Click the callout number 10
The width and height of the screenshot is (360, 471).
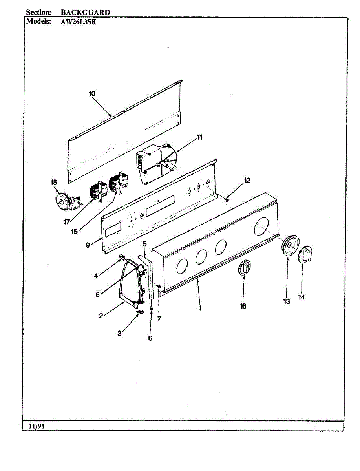point(92,94)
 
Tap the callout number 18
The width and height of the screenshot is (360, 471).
point(54,182)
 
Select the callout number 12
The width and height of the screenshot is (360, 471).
point(247,181)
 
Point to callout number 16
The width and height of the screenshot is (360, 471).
point(243,306)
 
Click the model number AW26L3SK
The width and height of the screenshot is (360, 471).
point(79,22)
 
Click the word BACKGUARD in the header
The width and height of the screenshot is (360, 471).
point(85,12)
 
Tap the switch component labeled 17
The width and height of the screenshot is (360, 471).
point(97,192)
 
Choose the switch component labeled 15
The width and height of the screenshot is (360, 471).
point(118,184)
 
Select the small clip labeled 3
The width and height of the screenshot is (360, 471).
point(140,312)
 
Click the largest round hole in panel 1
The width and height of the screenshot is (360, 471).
point(263,227)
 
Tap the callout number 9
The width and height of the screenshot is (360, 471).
point(88,245)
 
